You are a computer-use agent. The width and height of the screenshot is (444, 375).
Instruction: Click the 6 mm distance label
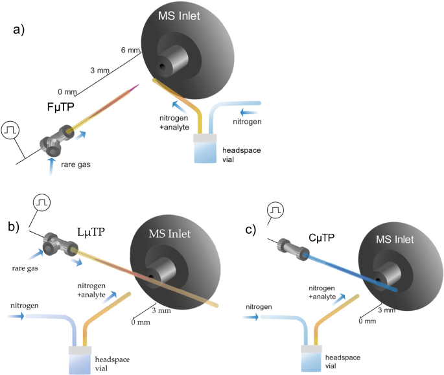pos(128,51)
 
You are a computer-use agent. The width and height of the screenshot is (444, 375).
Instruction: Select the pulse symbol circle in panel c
pos(276,210)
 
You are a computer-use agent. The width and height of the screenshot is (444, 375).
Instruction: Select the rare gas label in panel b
pos(23,265)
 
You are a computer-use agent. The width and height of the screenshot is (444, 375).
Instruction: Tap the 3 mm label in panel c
pos(386,310)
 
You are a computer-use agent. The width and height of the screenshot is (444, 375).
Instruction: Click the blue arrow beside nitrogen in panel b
pos(19,316)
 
